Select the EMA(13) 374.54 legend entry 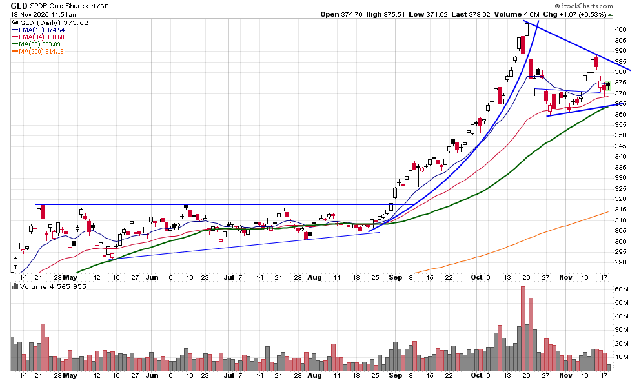point(45,30)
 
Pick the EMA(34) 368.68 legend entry point(45,37)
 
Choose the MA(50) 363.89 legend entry point(43,44)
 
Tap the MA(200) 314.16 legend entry point(45,51)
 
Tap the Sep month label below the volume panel point(396,375)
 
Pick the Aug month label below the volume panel point(314,375)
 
